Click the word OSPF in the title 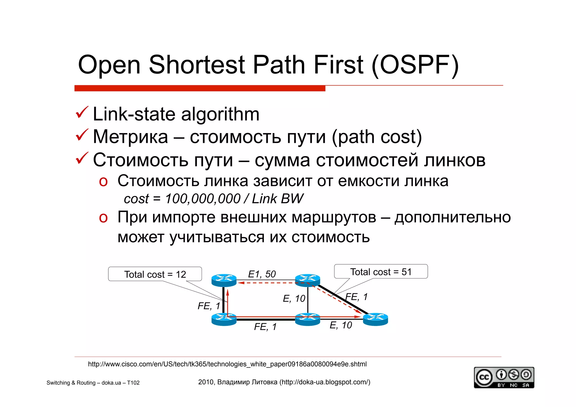415,65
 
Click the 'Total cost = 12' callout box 155,274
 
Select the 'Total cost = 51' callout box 381,272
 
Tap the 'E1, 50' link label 262,274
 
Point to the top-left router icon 224,280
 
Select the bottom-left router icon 224,319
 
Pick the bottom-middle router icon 307,319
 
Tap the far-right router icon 375,319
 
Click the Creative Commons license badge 504,377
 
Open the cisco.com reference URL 227,364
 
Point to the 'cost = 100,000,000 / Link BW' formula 213,199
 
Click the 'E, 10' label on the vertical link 294,298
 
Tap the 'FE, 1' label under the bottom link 265,327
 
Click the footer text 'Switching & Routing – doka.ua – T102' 93,383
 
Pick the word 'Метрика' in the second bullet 130,137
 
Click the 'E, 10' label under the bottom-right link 341,325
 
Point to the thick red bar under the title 200,88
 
